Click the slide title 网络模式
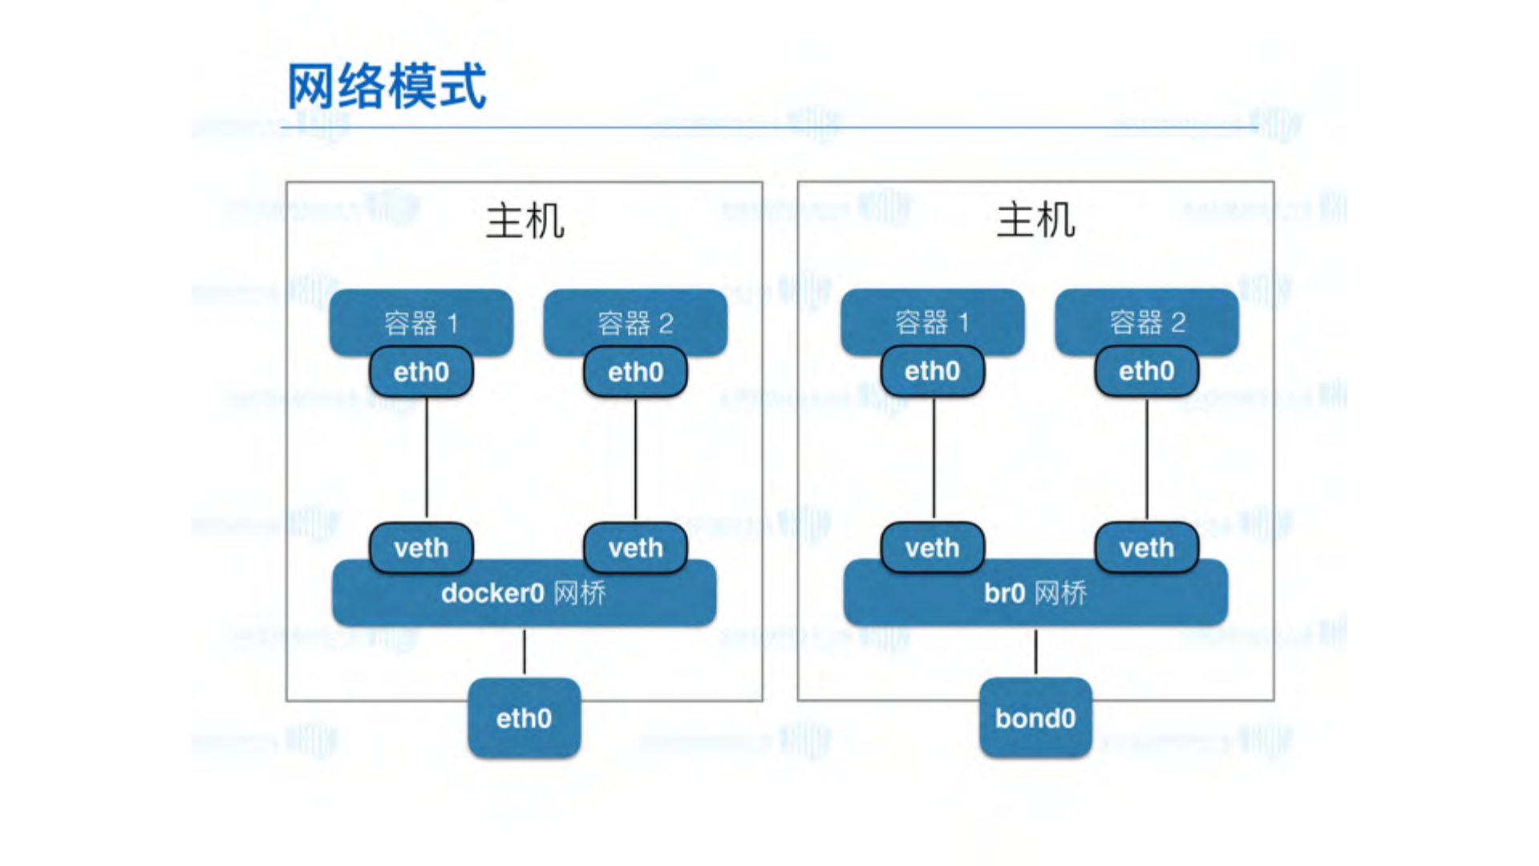coord(387,87)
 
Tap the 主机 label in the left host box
coord(524,221)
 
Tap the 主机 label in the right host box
coord(1035,221)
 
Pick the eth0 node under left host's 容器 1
coord(421,372)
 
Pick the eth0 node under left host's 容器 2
coord(635,372)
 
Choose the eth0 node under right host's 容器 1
coord(932,371)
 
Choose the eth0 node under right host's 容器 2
coord(1147,371)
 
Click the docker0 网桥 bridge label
coord(524,594)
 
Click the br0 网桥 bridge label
coord(1035,594)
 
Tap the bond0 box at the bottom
coord(1035,718)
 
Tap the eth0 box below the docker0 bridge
coord(524,718)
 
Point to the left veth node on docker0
coord(421,548)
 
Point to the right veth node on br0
coord(1147,548)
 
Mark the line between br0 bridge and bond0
coord(1035,652)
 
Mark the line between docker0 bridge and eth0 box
coord(524,652)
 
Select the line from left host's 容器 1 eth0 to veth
coord(427,459)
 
